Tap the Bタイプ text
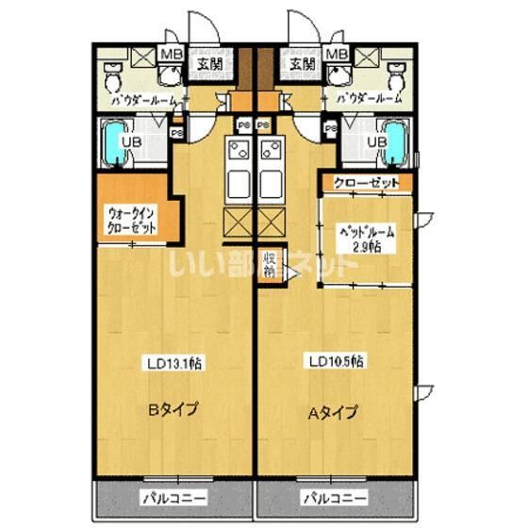click(x=172, y=410)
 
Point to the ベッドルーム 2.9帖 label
click(x=367, y=239)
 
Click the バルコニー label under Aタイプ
click(x=333, y=497)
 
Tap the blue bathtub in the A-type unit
click(x=394, y=144)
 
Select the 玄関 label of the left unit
click(x=208, y=64)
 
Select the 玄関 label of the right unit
click(x=302, y=64)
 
